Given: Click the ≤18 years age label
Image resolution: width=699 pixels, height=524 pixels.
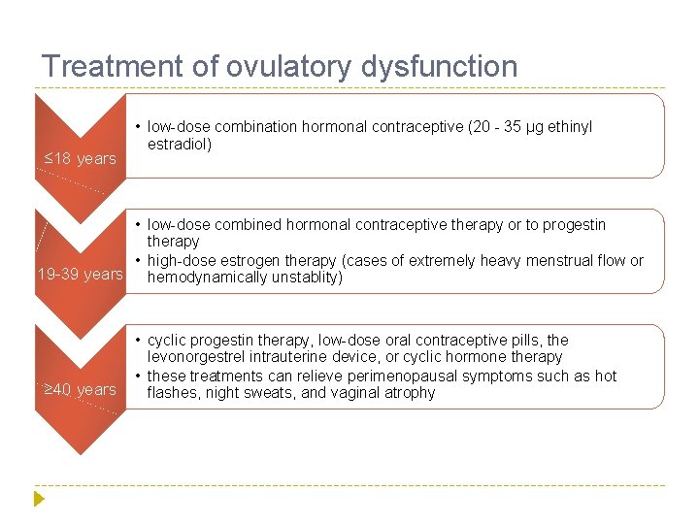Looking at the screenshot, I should tap(81, 158).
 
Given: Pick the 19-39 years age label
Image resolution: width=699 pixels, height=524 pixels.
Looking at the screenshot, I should tap(80, 274).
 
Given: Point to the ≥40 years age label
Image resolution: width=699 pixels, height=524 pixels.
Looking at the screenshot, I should tap(81, 389).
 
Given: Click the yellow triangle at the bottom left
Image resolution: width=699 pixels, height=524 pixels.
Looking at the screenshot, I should tap(39, 499).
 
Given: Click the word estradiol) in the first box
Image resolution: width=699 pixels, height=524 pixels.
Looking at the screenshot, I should tap(180, 145).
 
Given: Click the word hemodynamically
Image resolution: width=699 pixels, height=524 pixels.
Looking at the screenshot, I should tap(202, 278).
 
